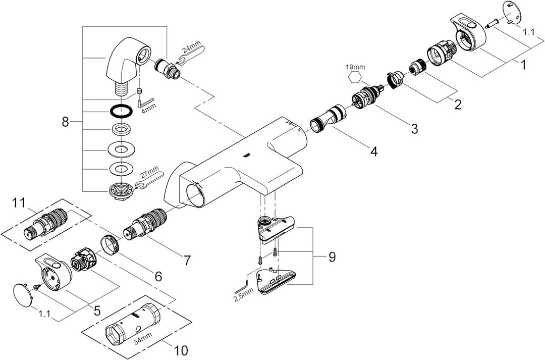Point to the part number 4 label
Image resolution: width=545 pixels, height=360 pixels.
374,150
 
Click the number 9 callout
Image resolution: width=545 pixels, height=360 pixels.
332,257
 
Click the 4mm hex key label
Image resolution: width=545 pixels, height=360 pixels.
143,108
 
